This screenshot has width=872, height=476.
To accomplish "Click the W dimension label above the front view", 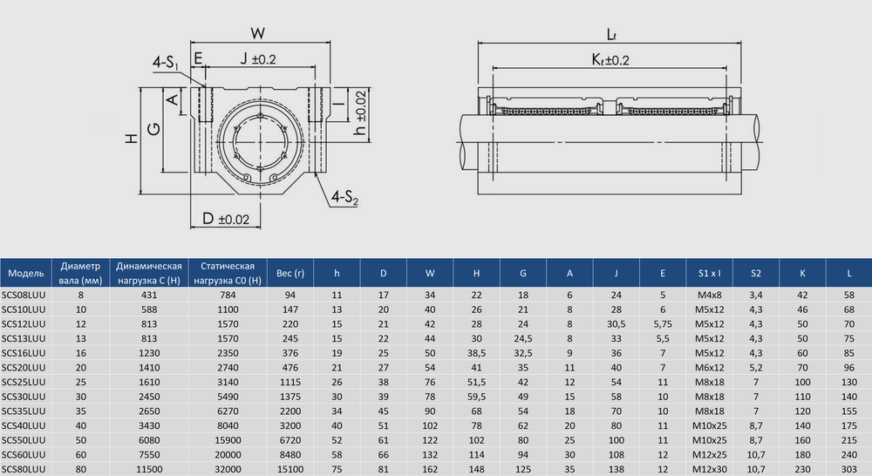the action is point(257,33).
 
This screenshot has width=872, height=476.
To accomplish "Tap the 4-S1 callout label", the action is point(166,63).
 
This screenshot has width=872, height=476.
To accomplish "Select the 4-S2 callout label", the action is point(344,197).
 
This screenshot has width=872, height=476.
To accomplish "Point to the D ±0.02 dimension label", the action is point(226,219).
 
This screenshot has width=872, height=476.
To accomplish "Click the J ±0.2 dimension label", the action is point(258,58).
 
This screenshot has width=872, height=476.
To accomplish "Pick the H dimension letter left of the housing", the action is point(132,138).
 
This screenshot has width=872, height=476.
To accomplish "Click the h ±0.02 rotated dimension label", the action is point(360,112).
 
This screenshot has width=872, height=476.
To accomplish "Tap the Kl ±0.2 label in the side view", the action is point(610,59).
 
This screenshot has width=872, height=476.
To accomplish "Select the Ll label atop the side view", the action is point(611,35).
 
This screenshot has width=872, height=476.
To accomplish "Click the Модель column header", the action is point(26,273).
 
